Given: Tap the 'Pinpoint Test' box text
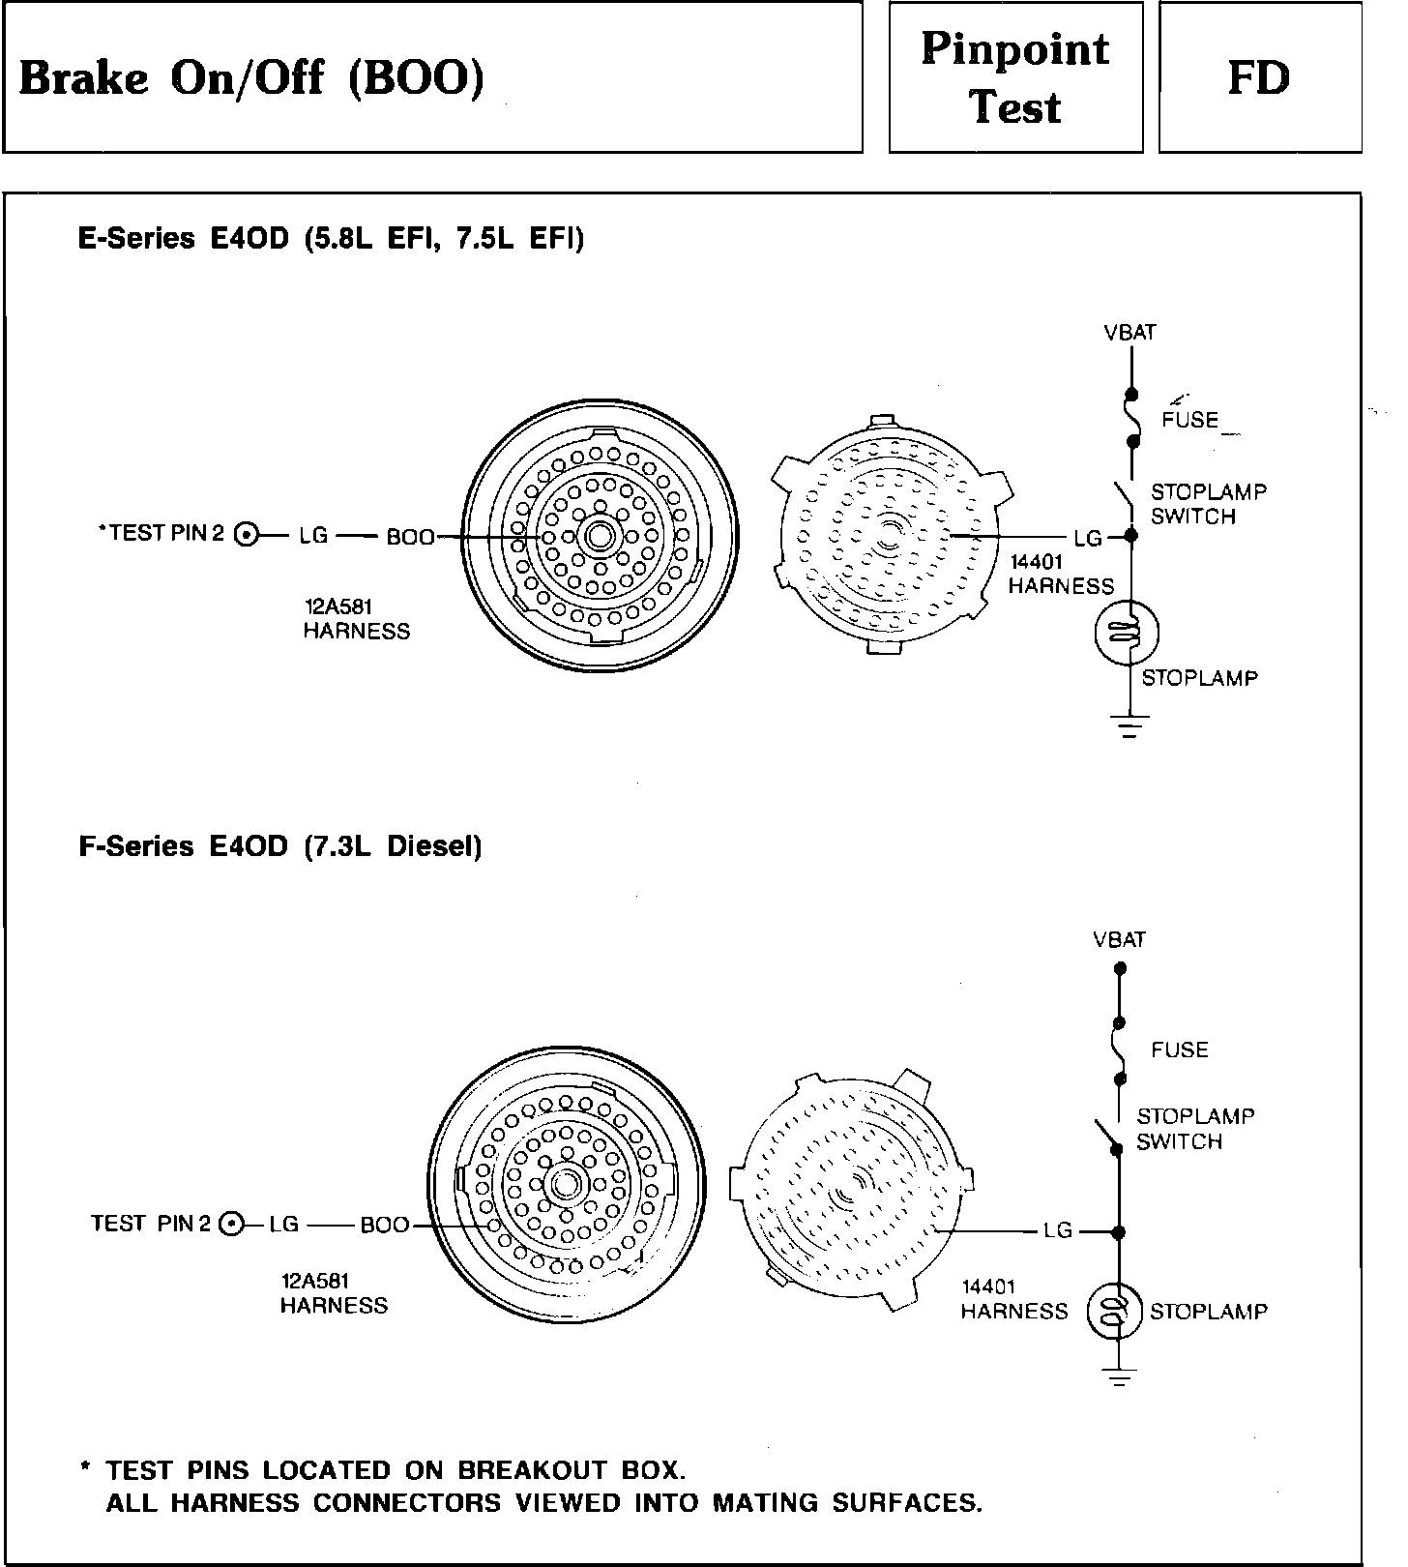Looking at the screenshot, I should point(1014,77).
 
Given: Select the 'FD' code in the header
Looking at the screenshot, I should point(1258,77).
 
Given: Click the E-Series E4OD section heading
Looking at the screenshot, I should point(331,238).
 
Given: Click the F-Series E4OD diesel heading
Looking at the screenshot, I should point(279,846).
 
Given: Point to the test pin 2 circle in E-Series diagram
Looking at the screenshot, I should point(248,534).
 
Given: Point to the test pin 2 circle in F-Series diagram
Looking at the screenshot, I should point(231,1225).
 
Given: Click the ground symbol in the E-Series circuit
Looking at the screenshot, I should point(1129,724).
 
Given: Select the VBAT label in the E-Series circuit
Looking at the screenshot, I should point(1129,333).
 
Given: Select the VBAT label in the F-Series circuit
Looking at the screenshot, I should point(1119,939).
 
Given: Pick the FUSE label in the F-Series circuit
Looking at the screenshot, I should point(1180,1050).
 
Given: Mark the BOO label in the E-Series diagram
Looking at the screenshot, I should point(411,536).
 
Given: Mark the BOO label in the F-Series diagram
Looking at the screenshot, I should point(385,1226).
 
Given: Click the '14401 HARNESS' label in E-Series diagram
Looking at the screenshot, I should point(1061,574).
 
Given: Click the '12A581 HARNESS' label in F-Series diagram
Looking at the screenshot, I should point(334,1292).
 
